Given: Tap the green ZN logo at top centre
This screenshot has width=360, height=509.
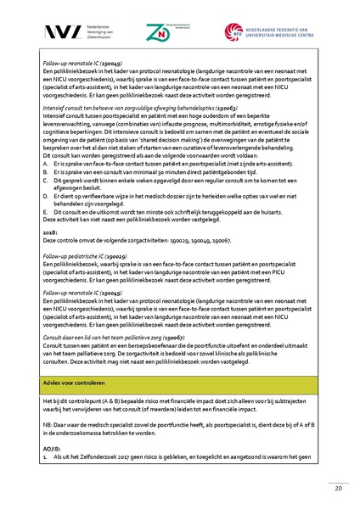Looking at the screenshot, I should (158, 31).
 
